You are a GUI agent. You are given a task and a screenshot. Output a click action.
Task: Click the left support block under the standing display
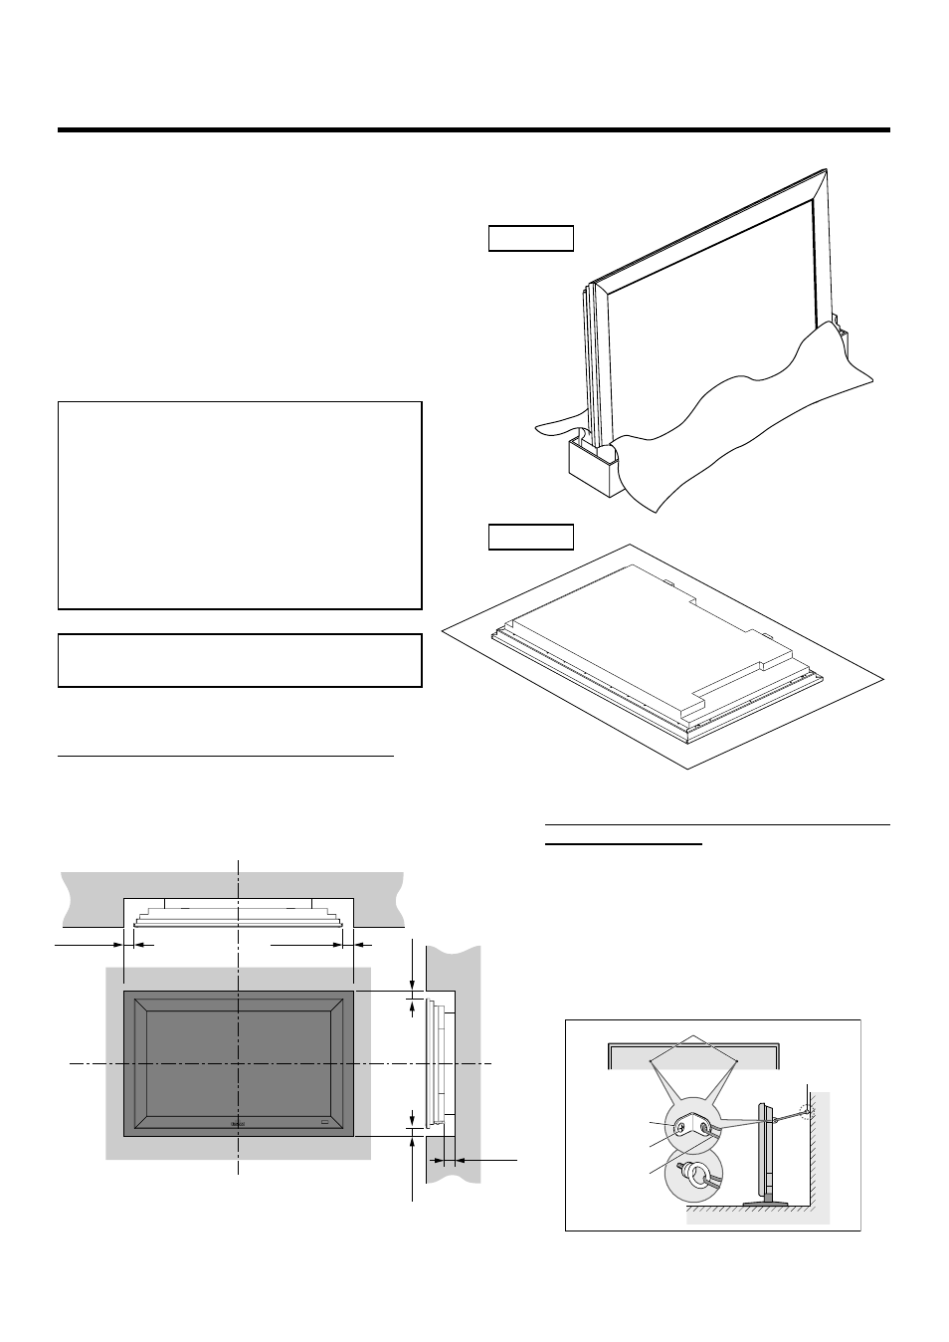pos(591,466)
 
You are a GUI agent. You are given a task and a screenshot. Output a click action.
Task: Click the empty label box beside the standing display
pos(531,238)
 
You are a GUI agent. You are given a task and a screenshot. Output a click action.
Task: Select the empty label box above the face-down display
pos(531,537)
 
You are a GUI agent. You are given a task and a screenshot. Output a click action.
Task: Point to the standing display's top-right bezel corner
pos(822,175)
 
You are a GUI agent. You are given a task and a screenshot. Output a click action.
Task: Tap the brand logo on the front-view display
pos(237,1124)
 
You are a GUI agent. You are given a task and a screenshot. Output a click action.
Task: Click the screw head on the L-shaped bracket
pos(683,1128)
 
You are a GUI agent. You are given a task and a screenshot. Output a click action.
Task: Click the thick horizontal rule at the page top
pos(474,129)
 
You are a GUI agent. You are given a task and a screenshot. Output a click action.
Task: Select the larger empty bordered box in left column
pos(240,505)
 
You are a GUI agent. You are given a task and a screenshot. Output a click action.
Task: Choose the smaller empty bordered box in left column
pos(240,660)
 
